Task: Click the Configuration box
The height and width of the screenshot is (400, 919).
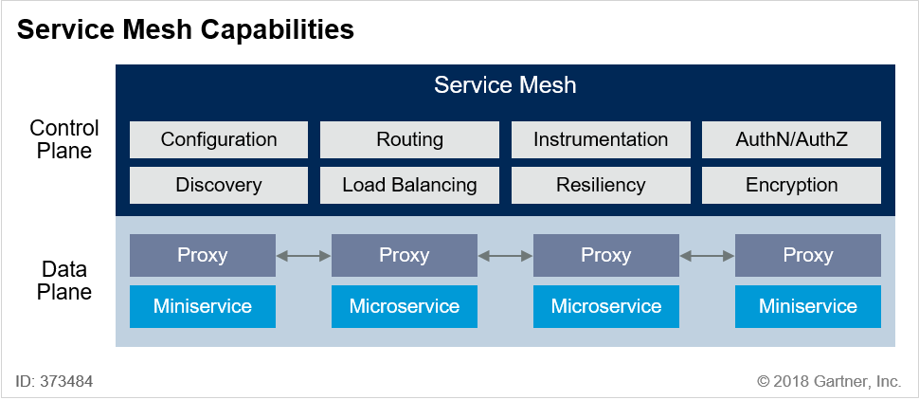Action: [x=219, y=139]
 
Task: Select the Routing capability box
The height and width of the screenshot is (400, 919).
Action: [x=409, y=139]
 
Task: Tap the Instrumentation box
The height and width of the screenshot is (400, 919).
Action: [x=600, y=139]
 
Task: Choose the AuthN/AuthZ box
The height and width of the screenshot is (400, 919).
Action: [x=791, y=139]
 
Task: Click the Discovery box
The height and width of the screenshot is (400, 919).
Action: [x=219, y=186]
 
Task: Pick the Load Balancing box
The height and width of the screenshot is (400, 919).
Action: [x=409, y=186]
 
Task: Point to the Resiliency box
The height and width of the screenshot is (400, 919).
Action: [x=600, y=186]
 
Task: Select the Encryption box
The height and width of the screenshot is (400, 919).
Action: [x=791, y=186]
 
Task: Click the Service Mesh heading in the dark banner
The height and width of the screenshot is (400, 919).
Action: [x=505, y=85]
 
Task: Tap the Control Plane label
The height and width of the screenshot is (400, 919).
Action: [x=64, y=139]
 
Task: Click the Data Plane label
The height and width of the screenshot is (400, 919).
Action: [x=64, y=281]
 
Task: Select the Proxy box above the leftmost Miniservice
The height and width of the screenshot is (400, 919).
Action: [x=202, y=255]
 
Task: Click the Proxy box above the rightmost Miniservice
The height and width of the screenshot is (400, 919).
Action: [x=807, y=255]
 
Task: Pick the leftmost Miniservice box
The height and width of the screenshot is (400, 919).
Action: [x=202, y=306]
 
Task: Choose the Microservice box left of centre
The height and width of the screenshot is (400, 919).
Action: [x=405, y=306]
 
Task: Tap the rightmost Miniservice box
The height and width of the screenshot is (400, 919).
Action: [x=807, y=306]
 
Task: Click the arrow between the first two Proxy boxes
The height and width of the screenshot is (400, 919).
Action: [x=303, y=255]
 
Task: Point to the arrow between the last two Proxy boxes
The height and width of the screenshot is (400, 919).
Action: [x=707, y=255]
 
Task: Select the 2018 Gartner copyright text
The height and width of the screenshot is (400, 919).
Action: [x=829, y=381]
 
